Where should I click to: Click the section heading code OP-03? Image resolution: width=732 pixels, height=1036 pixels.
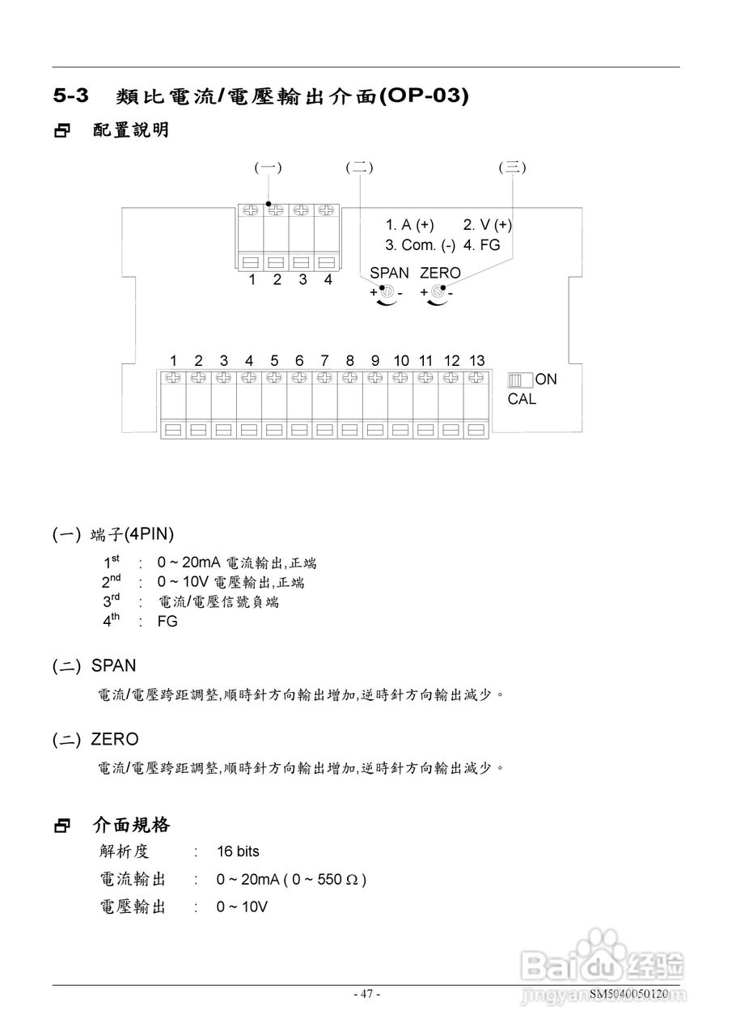[423, 95]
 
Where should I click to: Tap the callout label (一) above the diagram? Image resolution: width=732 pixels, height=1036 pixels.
[268, 168]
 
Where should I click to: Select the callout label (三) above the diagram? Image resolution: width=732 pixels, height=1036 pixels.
[513, 168]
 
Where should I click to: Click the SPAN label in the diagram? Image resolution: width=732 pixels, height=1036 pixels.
[389, 273]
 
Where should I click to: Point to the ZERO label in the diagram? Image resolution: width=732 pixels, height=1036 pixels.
[440, 273]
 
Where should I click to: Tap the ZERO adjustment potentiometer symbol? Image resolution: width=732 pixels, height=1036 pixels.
[438, 291]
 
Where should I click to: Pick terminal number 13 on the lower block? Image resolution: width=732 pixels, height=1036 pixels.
[476, 360]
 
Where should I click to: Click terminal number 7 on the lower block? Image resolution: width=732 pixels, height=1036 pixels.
[324, 360]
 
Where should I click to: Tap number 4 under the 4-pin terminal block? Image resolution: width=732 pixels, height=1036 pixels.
[328, 279]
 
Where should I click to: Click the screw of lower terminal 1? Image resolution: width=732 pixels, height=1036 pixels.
[173, 376]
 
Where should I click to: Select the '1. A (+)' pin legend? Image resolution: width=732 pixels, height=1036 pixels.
[409, 225]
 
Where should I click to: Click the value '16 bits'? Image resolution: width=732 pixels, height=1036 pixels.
[238, 851]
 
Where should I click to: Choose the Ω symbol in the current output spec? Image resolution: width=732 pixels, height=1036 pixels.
[351, 880]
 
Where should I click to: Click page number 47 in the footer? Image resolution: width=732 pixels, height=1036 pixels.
[366, 994]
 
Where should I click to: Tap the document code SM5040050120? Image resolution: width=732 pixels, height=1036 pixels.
[628, 994]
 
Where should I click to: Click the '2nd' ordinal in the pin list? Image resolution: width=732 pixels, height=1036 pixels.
[111, 581]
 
